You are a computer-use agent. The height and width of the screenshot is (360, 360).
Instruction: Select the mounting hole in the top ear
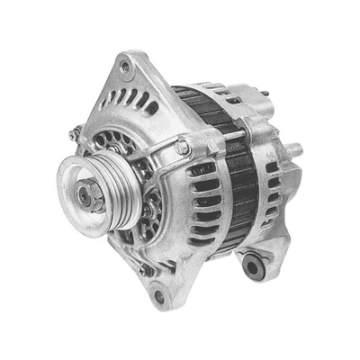(x=125, y=66)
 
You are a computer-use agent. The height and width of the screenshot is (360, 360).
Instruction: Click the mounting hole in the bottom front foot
(x=158, y=295)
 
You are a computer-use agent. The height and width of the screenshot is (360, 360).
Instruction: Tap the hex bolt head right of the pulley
(x=183, y=147)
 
